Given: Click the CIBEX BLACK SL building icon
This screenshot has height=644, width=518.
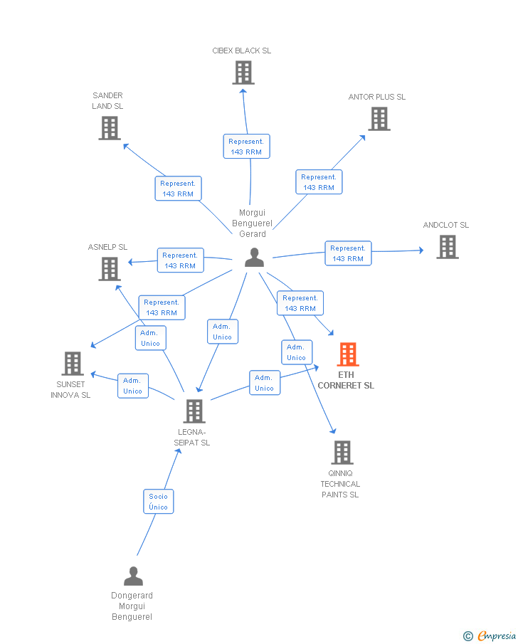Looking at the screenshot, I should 243,72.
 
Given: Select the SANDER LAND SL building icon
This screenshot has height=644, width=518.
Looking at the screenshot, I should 109,127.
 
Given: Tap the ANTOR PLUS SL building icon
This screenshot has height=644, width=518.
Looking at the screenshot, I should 379,119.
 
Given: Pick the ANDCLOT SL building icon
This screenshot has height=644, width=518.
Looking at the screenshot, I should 447,246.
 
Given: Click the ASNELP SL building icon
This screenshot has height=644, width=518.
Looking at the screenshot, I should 109,268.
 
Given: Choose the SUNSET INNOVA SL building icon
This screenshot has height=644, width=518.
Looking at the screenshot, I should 72,363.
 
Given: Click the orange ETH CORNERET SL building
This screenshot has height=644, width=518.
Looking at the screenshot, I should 347,354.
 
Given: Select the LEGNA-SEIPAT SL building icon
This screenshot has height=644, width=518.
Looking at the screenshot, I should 194,411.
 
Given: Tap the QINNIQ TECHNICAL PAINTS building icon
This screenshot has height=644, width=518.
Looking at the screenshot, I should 342,452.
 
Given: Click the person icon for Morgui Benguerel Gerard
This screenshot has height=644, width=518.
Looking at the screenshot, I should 254,258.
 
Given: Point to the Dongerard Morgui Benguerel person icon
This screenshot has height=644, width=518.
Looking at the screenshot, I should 133,576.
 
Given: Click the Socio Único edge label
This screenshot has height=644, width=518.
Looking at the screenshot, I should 159,502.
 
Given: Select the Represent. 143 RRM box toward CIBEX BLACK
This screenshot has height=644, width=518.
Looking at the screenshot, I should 246,147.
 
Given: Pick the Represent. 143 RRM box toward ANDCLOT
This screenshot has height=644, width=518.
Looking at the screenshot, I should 348,253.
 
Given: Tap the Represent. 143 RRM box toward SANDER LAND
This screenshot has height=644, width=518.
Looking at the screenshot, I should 178,189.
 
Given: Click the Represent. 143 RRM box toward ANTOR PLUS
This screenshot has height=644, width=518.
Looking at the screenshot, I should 319,182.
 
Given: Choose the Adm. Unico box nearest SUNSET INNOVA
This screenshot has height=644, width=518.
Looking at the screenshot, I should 133,386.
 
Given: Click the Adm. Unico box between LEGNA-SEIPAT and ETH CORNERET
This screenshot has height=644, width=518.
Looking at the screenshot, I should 264,383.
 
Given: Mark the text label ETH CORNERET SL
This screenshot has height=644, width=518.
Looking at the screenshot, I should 346,380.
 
